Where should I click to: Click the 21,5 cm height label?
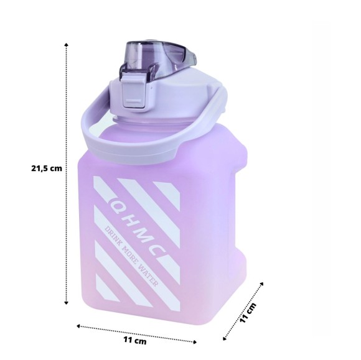point(47,168)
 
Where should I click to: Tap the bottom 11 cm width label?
point(135,340)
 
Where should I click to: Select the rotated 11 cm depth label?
point(248,312)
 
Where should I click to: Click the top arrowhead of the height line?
point(67,44)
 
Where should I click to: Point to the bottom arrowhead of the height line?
point(67,302)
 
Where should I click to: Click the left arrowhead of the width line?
point(78,326)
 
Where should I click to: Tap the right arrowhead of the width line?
point(195,342)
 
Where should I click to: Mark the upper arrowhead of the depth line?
point(261,284)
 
